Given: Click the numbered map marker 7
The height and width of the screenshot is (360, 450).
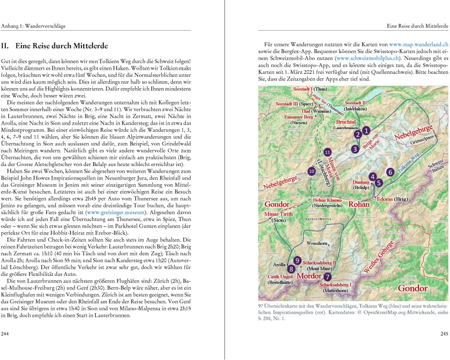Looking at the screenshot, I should pyautogui.click(x=327, y=277).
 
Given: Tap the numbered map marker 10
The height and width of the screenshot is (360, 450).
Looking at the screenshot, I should pyautogui.click(x=311, y=171).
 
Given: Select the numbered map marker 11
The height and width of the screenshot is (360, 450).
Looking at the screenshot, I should pyautogui.click(x=328, y=152).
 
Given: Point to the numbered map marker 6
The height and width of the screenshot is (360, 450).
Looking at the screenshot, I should pyautogui.click(x=390, y=172).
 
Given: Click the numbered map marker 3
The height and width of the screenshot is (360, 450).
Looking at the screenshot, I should pyautogui.click(x=355, y=149).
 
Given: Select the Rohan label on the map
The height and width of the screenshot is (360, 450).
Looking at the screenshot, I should pyautogui.click(x=360, y=204).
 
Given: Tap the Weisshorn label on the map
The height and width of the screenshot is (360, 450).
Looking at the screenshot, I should pyautogui.click(x=316, y=243).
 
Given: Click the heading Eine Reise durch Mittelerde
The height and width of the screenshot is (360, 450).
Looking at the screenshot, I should pyautogui.click(x=61, y=46).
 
